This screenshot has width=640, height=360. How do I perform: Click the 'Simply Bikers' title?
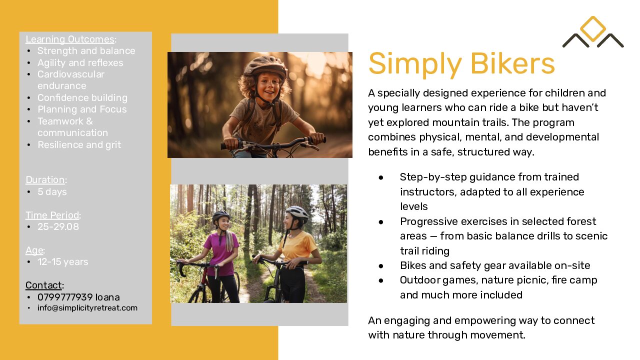pos(461,64)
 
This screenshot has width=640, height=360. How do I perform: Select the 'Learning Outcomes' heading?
pos(70,39)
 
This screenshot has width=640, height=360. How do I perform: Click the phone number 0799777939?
pos(65,297)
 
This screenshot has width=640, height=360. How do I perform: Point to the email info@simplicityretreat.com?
pos(87,307)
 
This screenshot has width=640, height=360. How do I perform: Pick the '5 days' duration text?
pos(52,191)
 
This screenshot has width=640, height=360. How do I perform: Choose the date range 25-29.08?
pos(58,226)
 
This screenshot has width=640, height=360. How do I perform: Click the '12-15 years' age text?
pos(63,261)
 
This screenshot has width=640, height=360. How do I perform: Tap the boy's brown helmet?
pos(265,66)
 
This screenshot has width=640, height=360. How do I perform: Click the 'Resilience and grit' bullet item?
pos(79,145)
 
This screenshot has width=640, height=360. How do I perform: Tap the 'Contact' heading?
pos(43,285)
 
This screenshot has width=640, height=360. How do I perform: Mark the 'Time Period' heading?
pos(52,215)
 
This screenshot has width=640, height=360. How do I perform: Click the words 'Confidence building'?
pos(82,97)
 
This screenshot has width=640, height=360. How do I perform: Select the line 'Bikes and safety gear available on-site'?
pos(495,265)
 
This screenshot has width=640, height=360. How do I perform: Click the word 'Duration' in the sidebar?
pos(45,179)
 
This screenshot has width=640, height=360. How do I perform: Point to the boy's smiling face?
pos(268,87)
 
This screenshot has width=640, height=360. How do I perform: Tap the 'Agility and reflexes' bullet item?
pos(80,62)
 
